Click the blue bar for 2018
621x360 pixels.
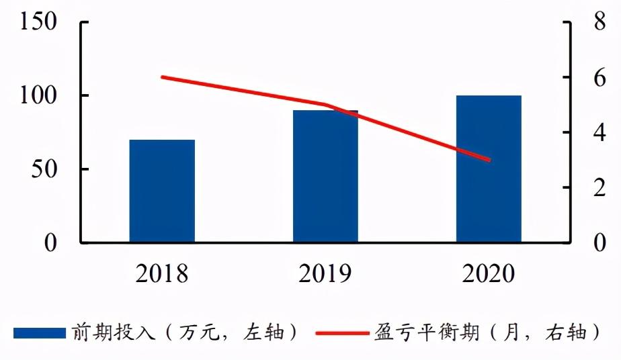[162, 191]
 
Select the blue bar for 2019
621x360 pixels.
[325, 176]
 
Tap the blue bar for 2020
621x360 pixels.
[489, 169]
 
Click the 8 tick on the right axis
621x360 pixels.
[581, 22]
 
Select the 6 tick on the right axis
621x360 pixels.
[581, 78]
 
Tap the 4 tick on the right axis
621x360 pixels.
[581, 133]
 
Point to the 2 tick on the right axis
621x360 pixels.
[581, 188]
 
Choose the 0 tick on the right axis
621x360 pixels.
[581, 243]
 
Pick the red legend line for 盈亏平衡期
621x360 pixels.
[342, 333]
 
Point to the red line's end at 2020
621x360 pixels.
[489, 161]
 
